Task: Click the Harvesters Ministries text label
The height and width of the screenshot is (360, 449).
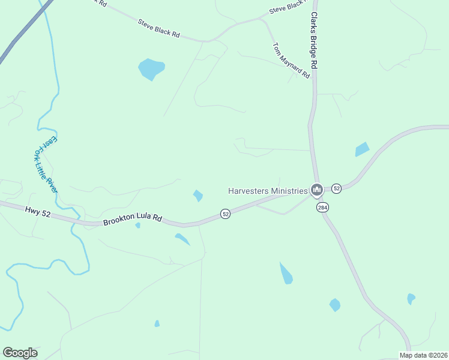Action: (x=267, y=191)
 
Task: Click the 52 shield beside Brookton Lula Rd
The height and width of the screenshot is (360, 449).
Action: (x=225, y=214)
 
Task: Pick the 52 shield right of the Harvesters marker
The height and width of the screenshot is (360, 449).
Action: (x=336, y=188)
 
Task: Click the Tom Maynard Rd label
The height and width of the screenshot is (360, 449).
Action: (x=291, y=60)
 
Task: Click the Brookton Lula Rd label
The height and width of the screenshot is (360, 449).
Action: (x=133, y=220)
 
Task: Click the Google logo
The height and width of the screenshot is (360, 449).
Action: (x=20, y=353)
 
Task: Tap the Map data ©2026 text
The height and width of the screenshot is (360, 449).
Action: (x=423, y=355)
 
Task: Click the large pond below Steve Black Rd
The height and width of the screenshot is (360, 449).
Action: (x=151, y=68)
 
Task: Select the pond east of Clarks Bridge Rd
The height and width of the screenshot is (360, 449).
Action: (x=361, y=149)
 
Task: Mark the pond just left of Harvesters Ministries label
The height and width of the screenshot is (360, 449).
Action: (x=197, y=196)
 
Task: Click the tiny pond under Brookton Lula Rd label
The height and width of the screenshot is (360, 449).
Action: (x=137, y=226)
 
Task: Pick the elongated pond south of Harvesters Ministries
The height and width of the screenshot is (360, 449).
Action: (x=286, y=274)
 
